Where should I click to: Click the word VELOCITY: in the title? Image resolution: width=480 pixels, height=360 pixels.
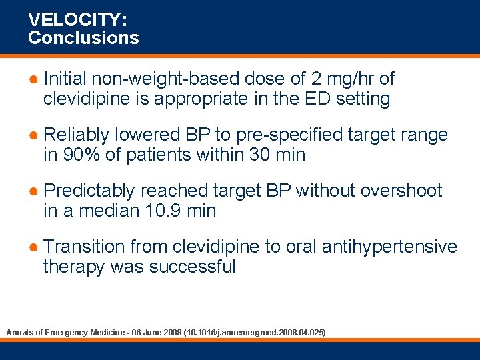click(69, 21)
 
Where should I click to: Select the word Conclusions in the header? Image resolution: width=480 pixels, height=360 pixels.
click(83, 38)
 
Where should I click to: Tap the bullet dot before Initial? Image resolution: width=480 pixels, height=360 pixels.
click(33, 79)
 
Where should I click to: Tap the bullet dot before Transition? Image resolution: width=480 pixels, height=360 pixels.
click(33, 247)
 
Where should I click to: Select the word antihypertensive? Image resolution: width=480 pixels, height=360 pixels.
click(389, 247)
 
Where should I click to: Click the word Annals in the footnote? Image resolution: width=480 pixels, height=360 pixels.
click(19, 331)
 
